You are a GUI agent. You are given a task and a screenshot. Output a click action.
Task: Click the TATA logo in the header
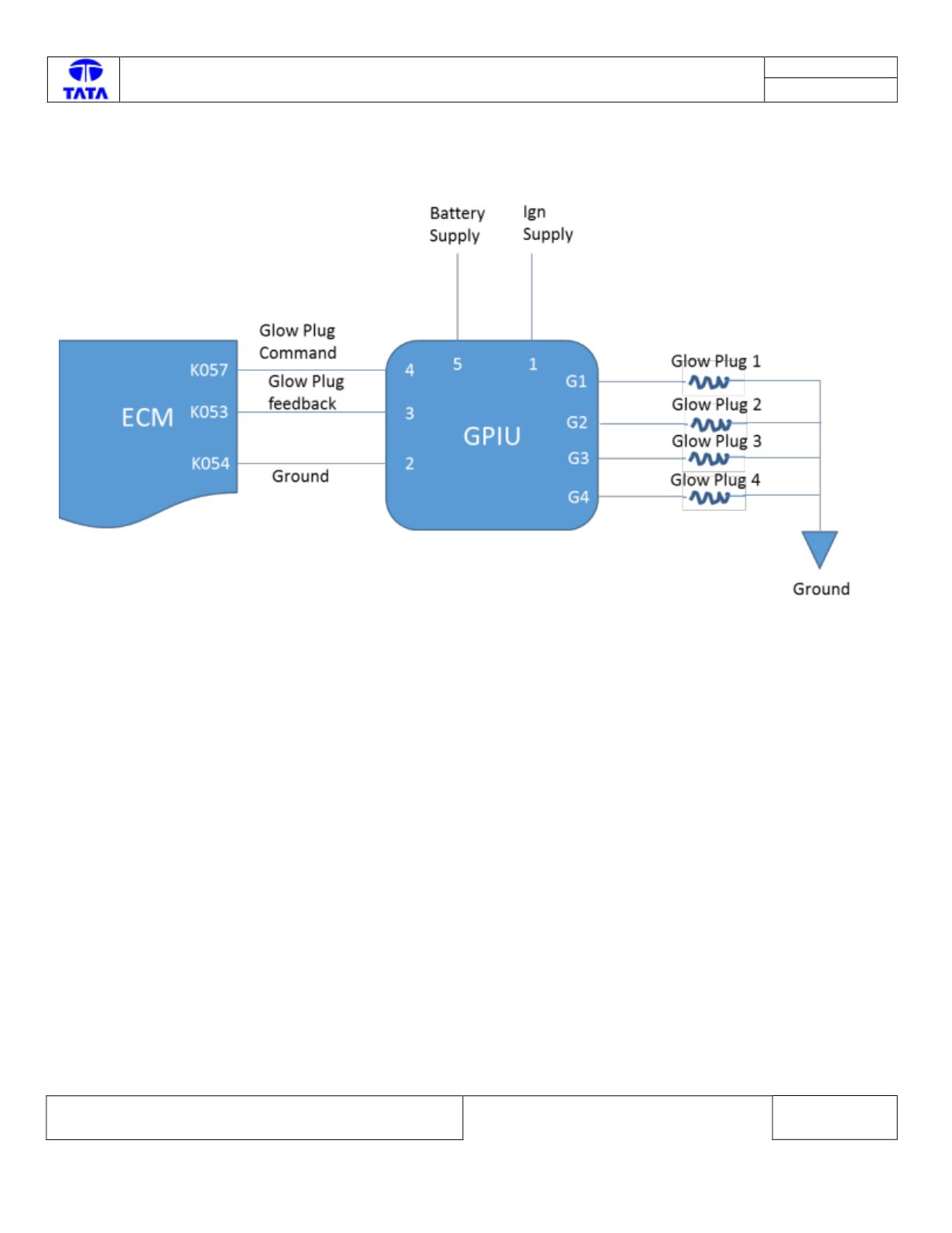pyautogui.click(x=85, y=80)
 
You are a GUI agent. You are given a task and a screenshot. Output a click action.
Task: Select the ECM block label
pyautogui.click(x=148, y=418)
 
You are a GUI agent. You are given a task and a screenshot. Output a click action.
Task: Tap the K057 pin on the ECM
pyautogui.click(x=209, y=370)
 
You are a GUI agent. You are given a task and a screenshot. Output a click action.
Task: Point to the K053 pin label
pyautogui.click(x=209, y=412)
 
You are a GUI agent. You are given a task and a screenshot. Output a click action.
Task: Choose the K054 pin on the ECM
pyautogui.click(x=211, y=464)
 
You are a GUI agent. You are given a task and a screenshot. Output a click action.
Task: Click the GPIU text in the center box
pyautogui.click(x=492, y=437)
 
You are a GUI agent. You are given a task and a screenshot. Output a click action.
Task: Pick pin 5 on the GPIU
pyautogui.click(x=457, y=365)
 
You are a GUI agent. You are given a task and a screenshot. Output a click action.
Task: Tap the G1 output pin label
pyautogui.click(x=576, y=382)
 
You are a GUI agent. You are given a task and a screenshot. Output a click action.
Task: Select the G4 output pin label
pyautogui.click(x=578, y=497)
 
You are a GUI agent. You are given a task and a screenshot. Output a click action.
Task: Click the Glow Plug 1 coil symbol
pyautogui.click(x=709, y=382)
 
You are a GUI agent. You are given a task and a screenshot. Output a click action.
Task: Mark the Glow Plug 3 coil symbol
pyautogui.click(x=709, y=458)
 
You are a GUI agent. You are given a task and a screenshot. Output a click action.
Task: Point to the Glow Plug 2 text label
pyautogui.click(x=717, y=405)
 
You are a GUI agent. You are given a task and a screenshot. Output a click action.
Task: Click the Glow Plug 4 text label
pyautogui.click(x=715, y=481)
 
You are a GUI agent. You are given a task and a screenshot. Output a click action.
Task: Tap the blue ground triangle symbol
pyautogui.click(x=819, y=546)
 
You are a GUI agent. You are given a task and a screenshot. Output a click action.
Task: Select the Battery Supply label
pyautogui.click(x=457, y=224)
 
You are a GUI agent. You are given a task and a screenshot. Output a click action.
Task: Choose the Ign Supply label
pyautogui.click(x=548, y=224)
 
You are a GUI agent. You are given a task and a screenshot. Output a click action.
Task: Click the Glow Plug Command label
pyautogui.click(x=298, y=342)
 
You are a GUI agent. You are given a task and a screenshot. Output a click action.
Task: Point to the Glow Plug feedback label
pyautogui.click(x=306, y=392)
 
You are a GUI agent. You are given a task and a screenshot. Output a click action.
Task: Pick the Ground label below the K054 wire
pyautogui.click(x=300, y=476)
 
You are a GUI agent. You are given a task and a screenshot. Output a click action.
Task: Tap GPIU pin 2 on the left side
pyautogui.click(x=409, y=464)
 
